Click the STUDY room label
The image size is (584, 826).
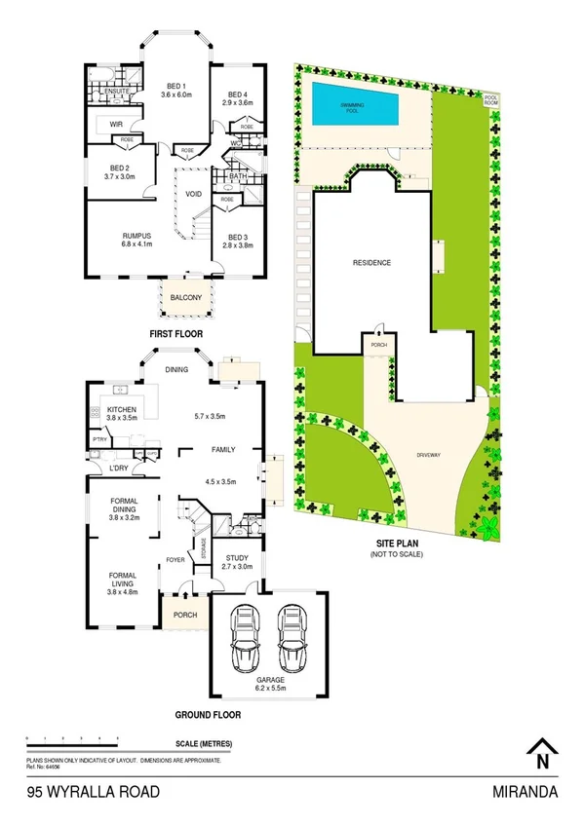(x=237, y=559)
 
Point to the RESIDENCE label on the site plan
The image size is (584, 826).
(x=371, y=263)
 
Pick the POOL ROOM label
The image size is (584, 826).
(x=496, y=98)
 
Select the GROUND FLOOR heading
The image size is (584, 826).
(x=208, y=714)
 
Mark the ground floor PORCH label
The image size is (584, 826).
(x=183, y=615)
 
